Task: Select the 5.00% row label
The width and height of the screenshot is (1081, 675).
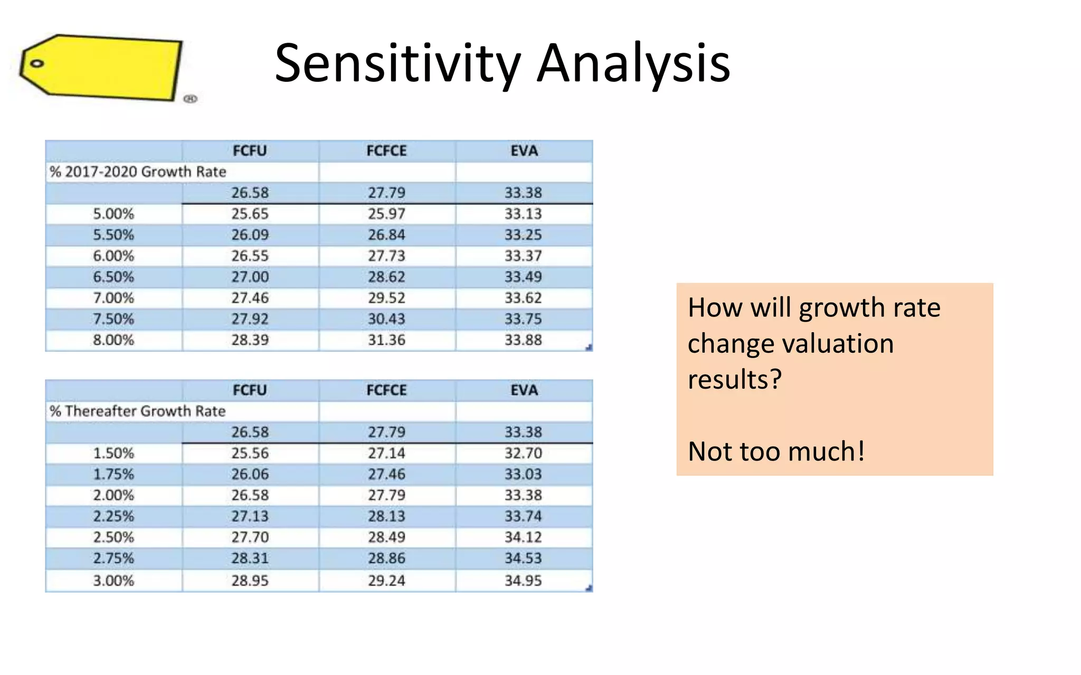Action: [x=113, y=214]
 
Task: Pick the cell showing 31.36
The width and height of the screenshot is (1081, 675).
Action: [x=386, y=340]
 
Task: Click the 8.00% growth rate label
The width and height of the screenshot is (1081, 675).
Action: [x=113, y=340]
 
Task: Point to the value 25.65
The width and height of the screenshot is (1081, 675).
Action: [x=250, y=214]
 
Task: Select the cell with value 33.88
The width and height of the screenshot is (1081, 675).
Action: [x=523, y=340]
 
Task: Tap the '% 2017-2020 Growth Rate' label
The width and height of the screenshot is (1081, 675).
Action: [x=137, y=172]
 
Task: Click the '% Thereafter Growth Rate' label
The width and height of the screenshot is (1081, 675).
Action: [x=137, y=411]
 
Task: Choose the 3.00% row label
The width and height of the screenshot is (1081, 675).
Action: [x=113, y=581]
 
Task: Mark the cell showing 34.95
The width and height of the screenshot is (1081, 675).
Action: [x=523, y=581]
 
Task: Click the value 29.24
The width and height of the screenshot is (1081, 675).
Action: [x=386, y=581]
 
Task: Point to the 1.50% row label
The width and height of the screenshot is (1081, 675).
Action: [x=113, y=454]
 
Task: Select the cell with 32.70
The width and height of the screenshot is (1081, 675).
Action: [x=523, y=454]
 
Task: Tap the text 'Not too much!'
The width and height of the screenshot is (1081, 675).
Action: [x=776, y=451]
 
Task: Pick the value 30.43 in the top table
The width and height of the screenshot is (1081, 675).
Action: [x=386, y=319]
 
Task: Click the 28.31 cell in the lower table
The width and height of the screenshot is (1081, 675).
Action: [x=250, y=558]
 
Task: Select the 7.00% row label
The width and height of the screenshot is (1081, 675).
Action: [x=113, y=298]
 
